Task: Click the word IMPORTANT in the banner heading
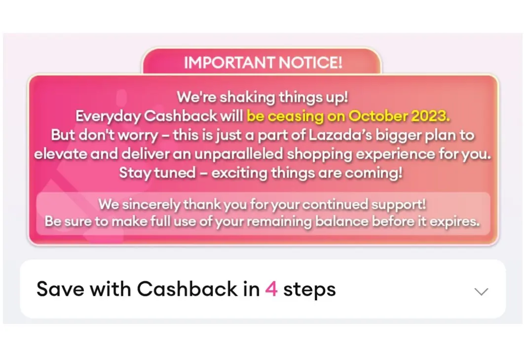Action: click(229, 63)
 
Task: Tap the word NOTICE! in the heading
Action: click(310, 63)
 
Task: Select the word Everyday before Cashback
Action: click(108, 116)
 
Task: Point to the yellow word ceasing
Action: click(296, 116)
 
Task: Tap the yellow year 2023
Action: click(430, 116)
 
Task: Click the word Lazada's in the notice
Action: click(340, 135)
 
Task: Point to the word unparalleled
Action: click(239, 154)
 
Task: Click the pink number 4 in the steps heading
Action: click(271, 289)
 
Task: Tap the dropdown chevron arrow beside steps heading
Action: click(481, 291)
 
